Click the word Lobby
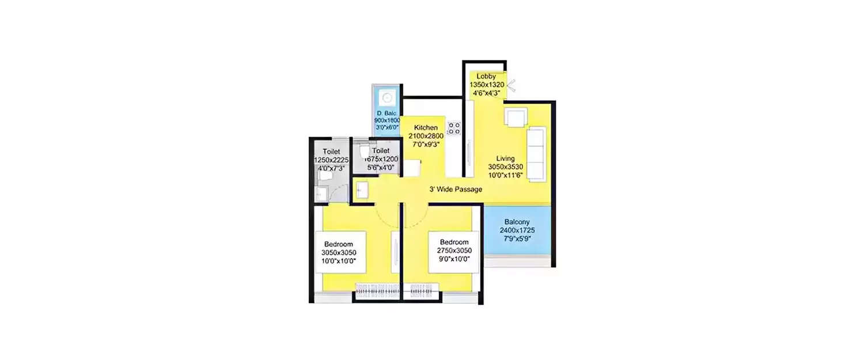coord(486,77)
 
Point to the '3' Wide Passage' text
coord(455,190)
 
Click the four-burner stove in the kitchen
coord(454,128)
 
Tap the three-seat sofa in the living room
coord(536,154)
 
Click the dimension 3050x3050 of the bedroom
coord(339,252)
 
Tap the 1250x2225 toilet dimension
coord(332,160)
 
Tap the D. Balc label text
coord(387,113)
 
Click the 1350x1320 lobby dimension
coord(487,85)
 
